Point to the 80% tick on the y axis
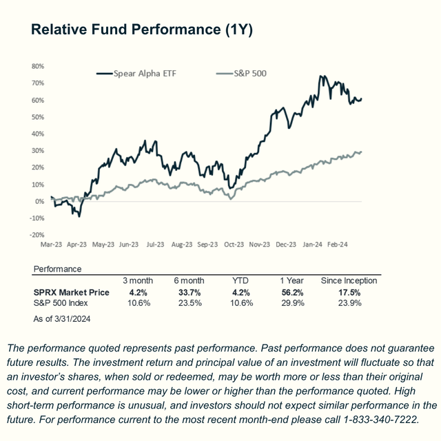(38, 67)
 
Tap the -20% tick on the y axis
(37, 235)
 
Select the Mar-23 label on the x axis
(52, 244)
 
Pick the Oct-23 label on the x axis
(234, 244)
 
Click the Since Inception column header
(349, 281)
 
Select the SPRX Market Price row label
(72, 292)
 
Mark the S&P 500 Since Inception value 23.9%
(349, 302)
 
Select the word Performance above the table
(57, 269)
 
